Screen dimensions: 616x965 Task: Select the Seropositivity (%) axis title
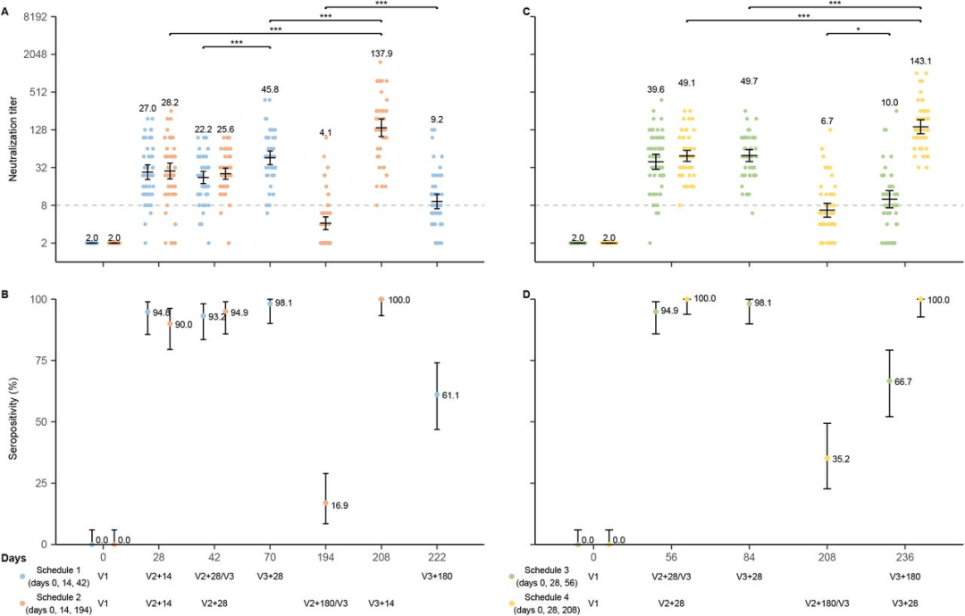click(x=13, y=420)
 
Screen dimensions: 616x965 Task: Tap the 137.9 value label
click(x=382, y=54)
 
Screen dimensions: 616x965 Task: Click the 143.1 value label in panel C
click(x=920, y=62)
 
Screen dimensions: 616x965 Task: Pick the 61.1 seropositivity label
click(x=456, y=395)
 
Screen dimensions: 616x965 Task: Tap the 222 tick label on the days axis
click(x=437, y=555)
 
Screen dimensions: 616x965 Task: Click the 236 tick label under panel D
click(x=889, y=555)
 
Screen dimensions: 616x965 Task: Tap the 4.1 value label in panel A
click(x=325, y=134)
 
